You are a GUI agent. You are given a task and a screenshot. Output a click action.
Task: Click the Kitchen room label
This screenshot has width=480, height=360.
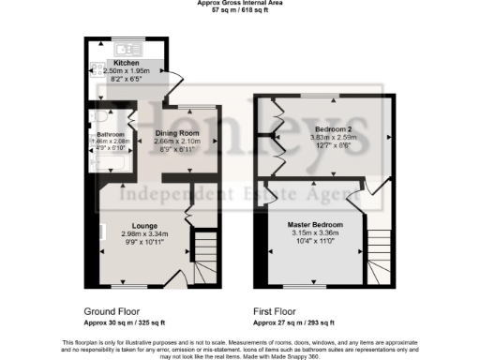click(x=127, y=63)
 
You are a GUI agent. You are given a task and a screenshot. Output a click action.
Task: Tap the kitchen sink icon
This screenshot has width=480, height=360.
click(x=126, y=49)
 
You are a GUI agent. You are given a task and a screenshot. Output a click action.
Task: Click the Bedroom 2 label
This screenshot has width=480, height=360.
click(x=334, y=128)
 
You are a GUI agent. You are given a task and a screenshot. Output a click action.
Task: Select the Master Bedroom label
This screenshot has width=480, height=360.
click(x=315, y=225)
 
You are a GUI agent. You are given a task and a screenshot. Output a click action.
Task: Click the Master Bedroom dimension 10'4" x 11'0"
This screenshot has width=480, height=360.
click(x=315, y=242)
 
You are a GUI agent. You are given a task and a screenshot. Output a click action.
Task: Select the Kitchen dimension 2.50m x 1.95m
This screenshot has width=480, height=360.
click(x=127, y=70)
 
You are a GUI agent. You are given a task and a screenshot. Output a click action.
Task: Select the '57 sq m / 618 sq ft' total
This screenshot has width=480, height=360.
click(x=241, y=11)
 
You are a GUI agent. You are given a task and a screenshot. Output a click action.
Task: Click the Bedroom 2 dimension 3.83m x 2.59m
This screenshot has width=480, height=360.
click(x=334, y=137)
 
